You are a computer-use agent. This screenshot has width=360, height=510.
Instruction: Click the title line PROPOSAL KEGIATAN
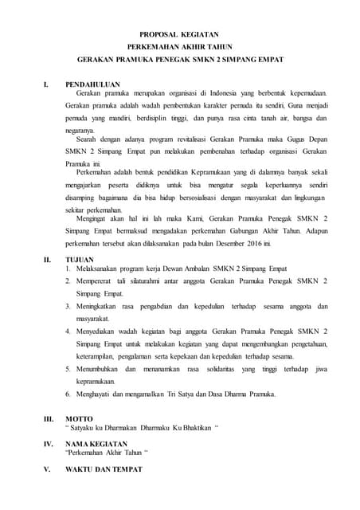180,35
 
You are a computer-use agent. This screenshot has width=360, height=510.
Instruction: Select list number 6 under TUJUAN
68,394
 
